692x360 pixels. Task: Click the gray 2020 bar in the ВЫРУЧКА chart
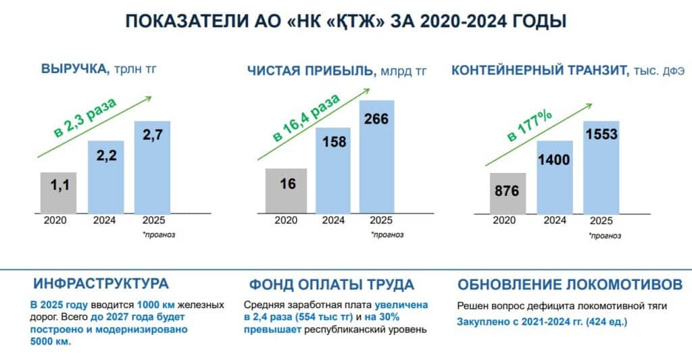pos(58,192)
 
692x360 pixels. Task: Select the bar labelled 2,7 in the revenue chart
pos(152,168)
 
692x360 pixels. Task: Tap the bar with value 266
pos(376,157)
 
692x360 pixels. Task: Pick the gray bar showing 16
pos(286,191)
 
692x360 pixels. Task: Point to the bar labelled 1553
pos(601,168)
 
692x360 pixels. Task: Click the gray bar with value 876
pos(508,194)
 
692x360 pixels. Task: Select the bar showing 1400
pos(555,178)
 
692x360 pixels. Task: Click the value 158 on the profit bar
pos(334,142)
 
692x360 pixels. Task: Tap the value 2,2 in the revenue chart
pos(106,155)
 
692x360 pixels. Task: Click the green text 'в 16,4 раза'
pos(306,117)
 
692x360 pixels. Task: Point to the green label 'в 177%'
pos(529,126)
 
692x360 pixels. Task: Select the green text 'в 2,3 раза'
pos(85,118)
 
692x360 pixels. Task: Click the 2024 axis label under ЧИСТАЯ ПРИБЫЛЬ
pos(333,220)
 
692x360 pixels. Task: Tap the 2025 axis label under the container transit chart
pos(601,221)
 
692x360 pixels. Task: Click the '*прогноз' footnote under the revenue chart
pos(159,234)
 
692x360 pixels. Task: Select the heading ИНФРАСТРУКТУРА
pos(101,283)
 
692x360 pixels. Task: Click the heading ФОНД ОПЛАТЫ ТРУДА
pos(331,284)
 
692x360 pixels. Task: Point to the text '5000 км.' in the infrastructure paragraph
pos(50,342)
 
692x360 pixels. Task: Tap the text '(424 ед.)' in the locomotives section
pos(606,322)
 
